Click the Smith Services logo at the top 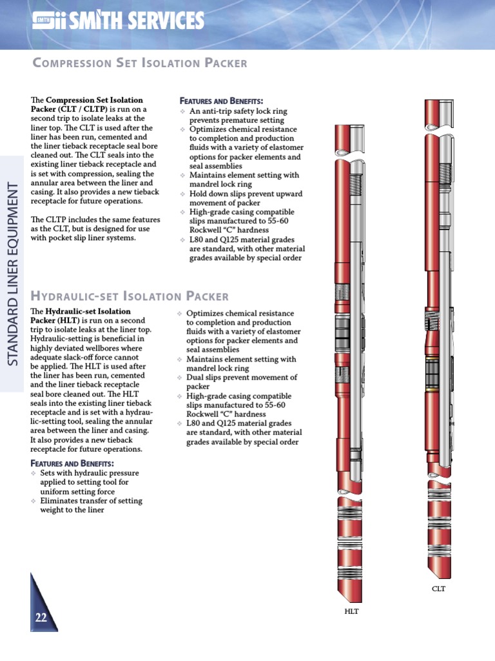[118, 21]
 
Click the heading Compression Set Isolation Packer [139, 63]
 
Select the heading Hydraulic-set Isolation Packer [130, 296]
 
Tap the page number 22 [41, 617]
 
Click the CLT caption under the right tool [438, 589]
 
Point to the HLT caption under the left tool [351, 611]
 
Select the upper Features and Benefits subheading [220, 101]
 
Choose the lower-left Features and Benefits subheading [72, 463]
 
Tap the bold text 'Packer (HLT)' [58, 320]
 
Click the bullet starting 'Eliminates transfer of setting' [90, 505]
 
